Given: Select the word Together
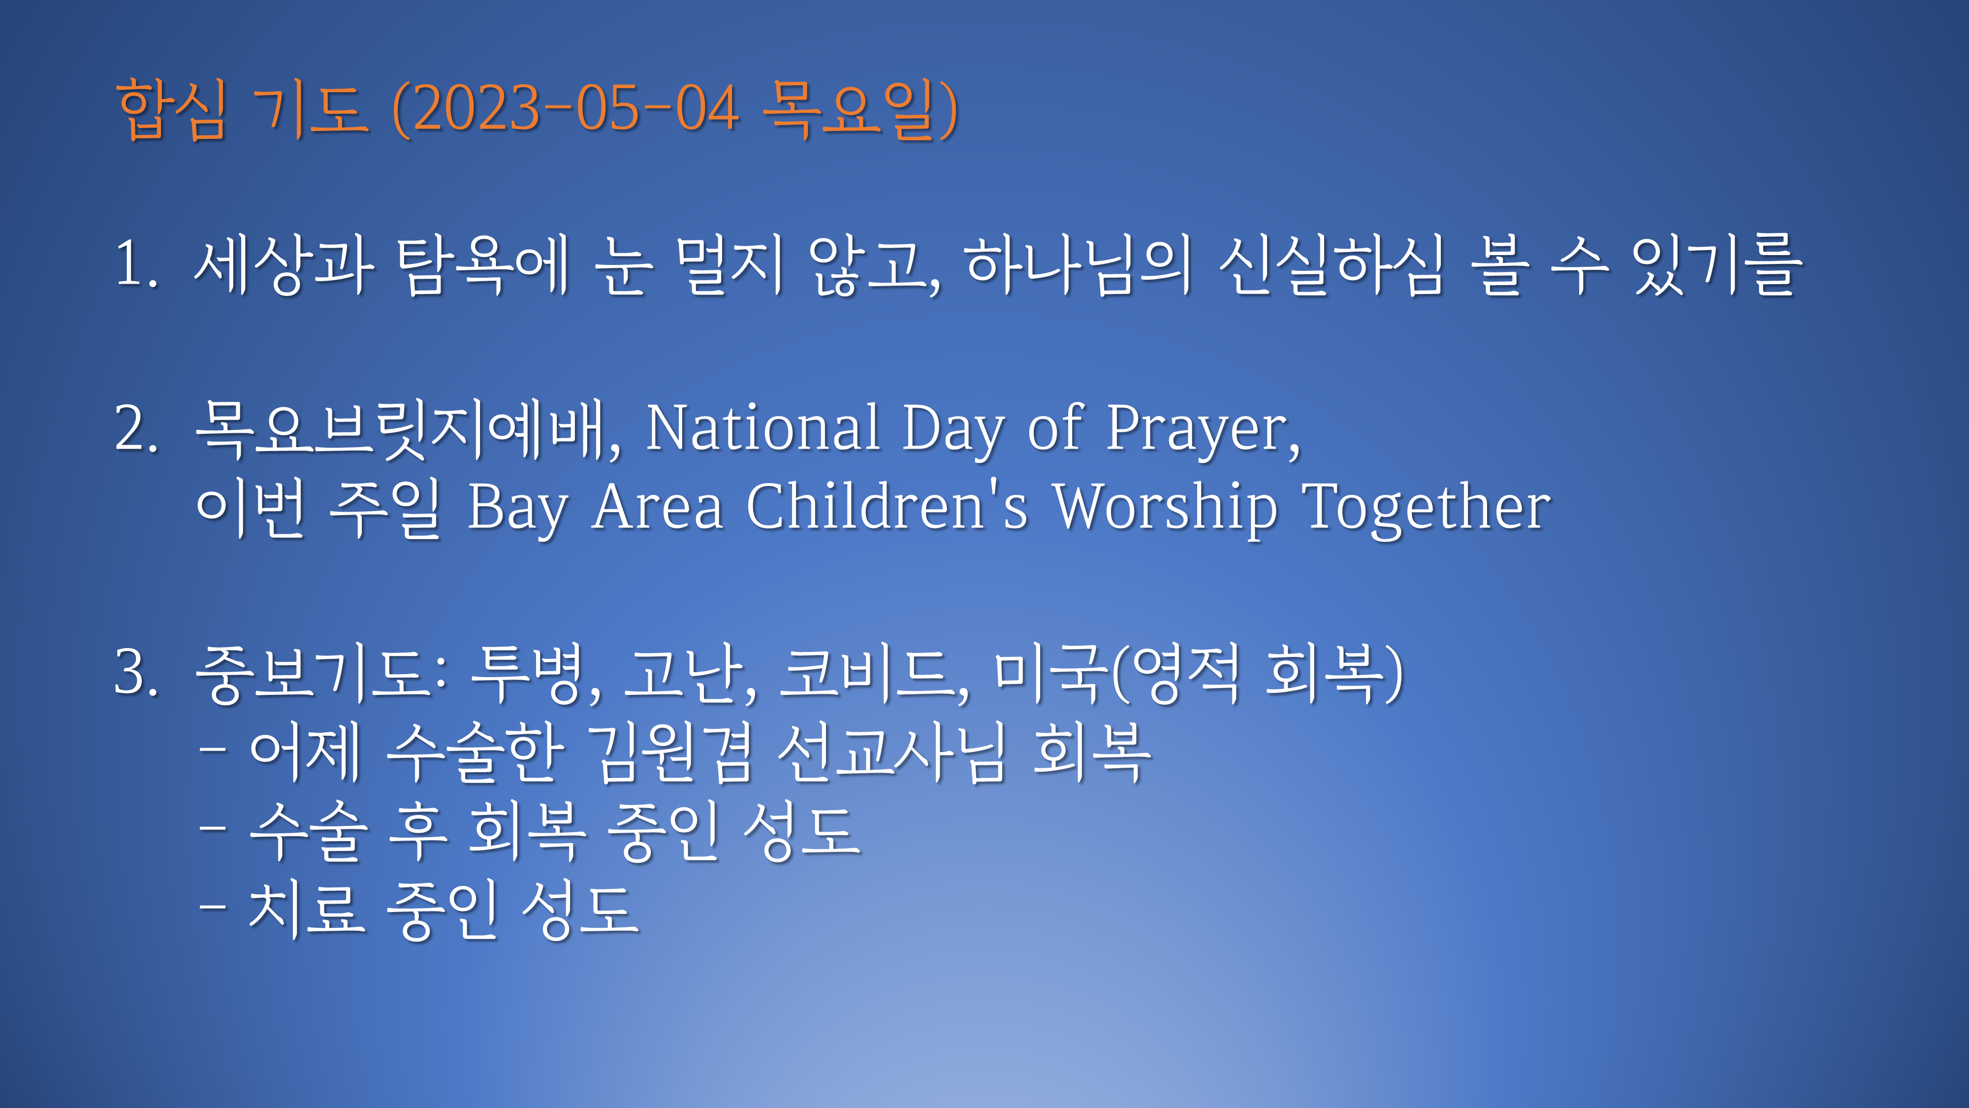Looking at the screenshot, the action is click(1427, 509).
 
